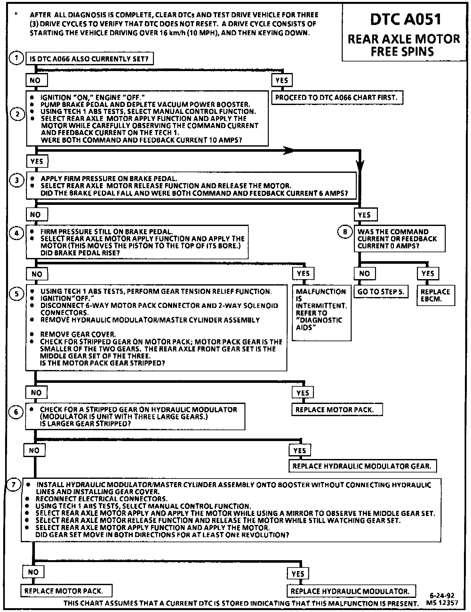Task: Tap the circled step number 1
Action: pos(16,58)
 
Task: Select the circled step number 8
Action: pos(345,232)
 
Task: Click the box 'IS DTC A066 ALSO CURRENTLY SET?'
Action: pos(89,59)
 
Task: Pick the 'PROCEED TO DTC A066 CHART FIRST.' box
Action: pos(337,98)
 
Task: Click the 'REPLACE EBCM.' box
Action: pos(435,295)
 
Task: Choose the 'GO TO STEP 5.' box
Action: pos(381,292)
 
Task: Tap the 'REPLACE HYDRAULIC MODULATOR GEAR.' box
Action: pos(362,466)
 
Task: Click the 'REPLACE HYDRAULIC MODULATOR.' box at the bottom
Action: pos(351,591)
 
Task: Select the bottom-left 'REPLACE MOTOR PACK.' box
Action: pos(67,591)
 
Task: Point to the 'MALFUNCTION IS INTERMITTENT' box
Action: pos(321,313)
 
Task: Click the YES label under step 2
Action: pos(37,161)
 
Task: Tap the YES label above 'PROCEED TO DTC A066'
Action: pos(282,80)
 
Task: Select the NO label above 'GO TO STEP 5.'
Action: pos(364,274)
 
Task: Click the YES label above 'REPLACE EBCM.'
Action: pos(428,274)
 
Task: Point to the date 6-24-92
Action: pos(442,596)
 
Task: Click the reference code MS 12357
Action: pos(442,603)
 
